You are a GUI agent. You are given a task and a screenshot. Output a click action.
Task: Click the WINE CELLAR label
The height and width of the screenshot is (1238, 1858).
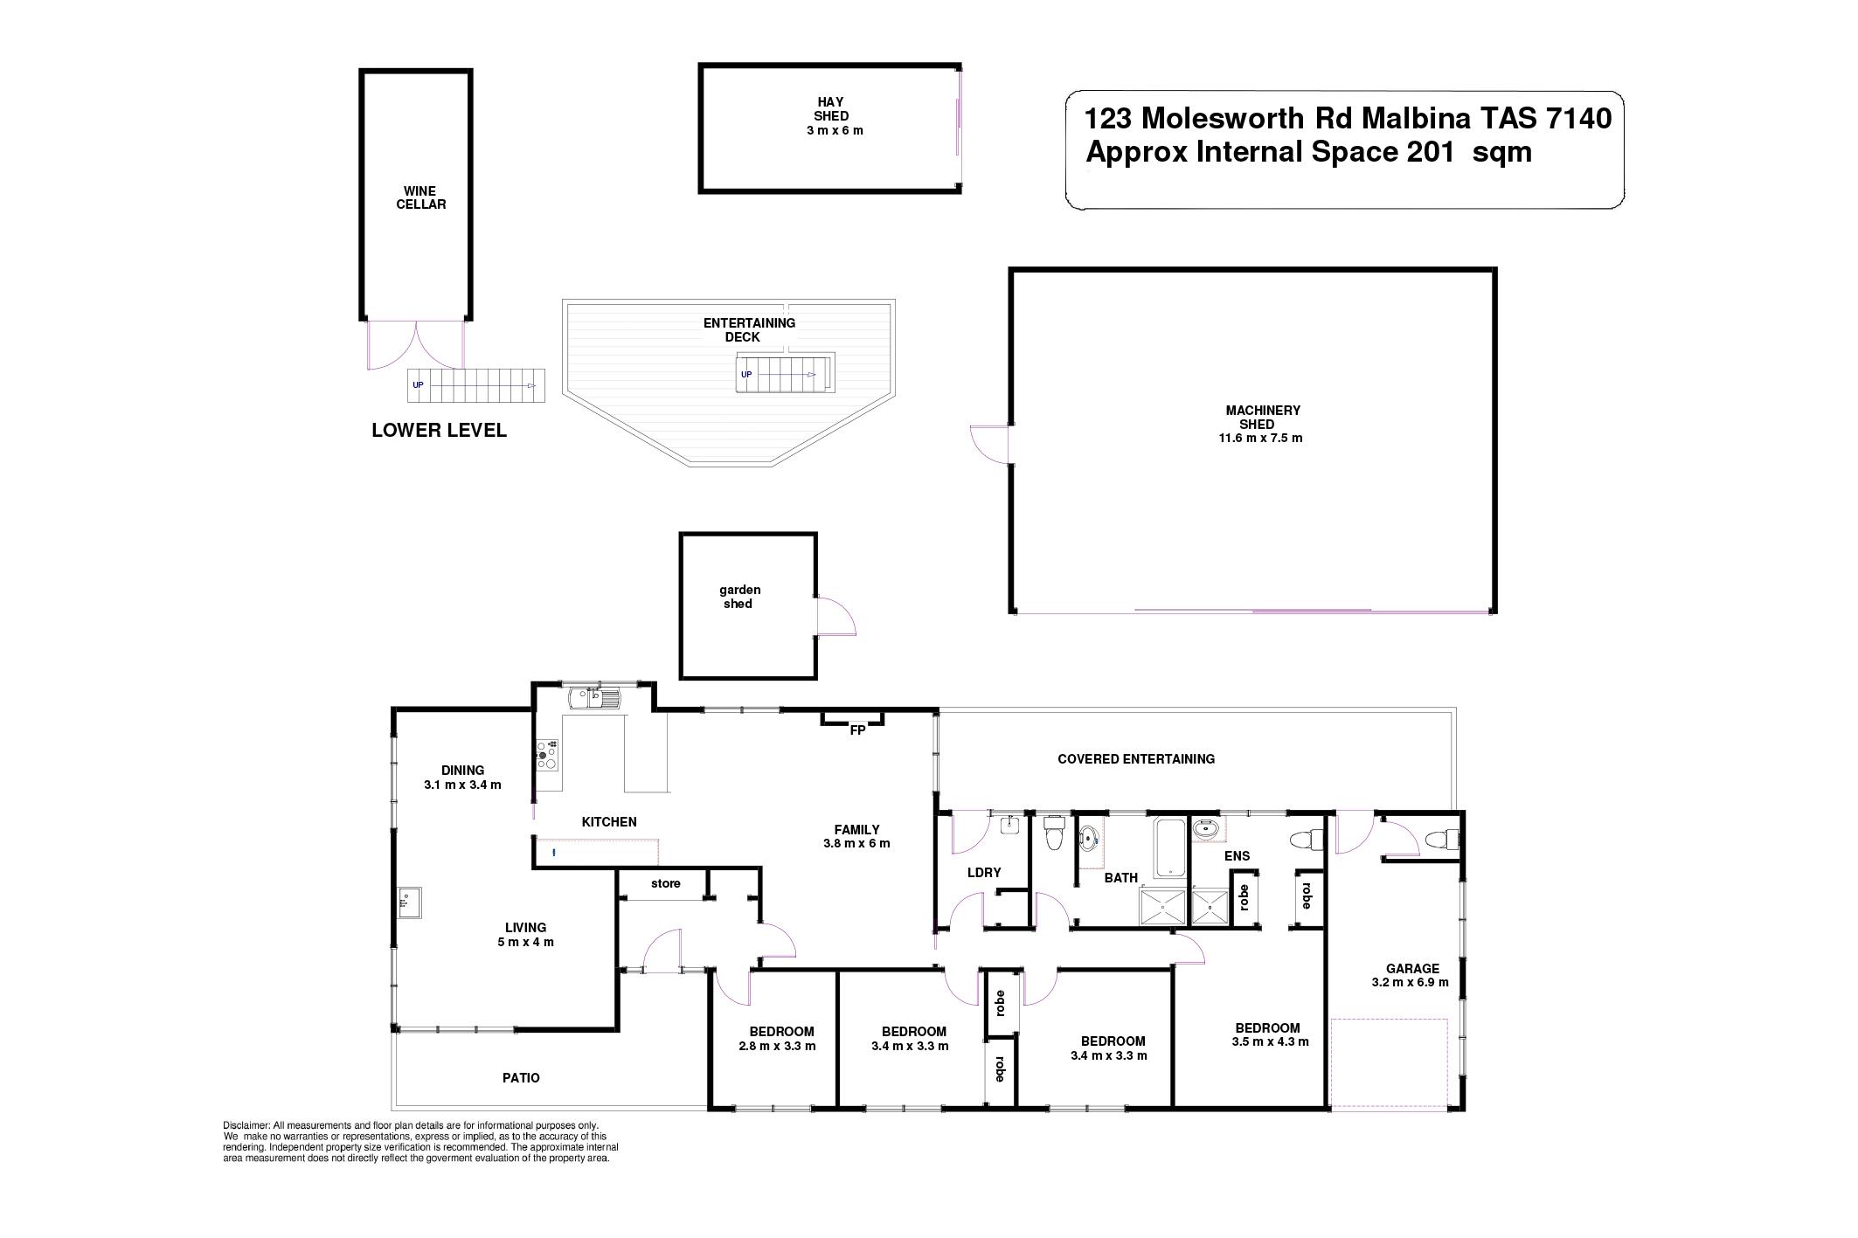pyautogui.click(x=421, y=197)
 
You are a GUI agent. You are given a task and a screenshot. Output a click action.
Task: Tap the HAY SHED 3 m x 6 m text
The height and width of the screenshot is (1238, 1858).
pyautogui.click(x=831, y=116)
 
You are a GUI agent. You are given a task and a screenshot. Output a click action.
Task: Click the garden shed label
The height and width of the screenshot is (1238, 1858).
pyautogui.click(x=739, y=597)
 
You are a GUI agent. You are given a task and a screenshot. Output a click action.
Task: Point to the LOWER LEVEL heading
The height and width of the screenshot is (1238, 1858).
pyautogui.click(x=439, y=430)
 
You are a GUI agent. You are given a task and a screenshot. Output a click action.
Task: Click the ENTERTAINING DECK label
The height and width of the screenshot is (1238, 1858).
pyautogui.click(x=749, y=329)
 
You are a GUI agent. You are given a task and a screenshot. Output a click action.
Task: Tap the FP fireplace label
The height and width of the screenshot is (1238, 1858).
pyautogui.click(x=857, y=730)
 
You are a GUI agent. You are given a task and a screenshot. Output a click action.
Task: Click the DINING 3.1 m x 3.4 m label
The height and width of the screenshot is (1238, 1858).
pyautogui.click(x=462, y=777)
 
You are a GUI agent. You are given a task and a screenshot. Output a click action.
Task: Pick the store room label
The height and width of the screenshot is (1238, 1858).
pyautogui.click(x=665, y=883)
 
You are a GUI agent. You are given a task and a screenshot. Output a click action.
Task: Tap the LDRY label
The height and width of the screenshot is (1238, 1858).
pyautogui.click(x=984, y=872)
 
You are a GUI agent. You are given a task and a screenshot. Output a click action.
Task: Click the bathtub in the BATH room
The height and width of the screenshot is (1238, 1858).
pyautogui.click(x=1170, y=847)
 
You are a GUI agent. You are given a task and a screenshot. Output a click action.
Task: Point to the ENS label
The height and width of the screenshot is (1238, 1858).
pyautogui.click(x=1237, y=856)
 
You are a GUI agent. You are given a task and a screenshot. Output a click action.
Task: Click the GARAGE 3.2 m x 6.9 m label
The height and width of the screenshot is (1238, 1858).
pyautogui.click(x=1410, y=975)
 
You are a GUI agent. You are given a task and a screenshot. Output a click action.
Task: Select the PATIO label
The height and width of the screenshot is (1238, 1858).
pyautogui.click(x=521, y=1078)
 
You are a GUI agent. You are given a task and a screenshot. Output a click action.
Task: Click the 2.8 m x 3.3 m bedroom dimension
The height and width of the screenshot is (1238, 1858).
pyautogui.click(x=777, y=1046)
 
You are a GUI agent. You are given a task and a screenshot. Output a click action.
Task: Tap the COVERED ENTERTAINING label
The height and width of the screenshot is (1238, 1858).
pyautogui.click(x=1135, y=759)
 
